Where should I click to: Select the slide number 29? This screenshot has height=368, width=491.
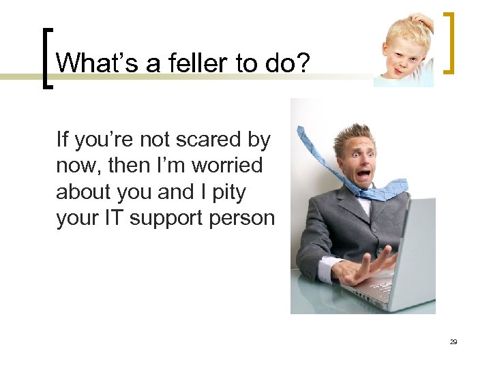point(453,341)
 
